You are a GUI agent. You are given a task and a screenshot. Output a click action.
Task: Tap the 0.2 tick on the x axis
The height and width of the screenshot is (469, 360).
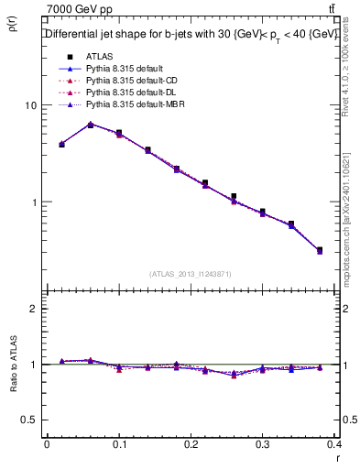pyautogui.click(x=191, y=446)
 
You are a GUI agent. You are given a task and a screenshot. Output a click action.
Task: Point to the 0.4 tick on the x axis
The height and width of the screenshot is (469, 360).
pyautogui.click(x=334, y=446)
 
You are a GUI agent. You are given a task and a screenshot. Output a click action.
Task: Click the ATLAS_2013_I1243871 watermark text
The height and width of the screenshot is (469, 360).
pyautogui.click(x=191, y=274)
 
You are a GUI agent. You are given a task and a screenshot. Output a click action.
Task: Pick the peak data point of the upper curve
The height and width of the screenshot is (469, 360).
pyautogui.click(x=90, y=125)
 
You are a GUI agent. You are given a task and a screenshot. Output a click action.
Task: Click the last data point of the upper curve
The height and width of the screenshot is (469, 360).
pyautogui.click(x=319, y=249)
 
